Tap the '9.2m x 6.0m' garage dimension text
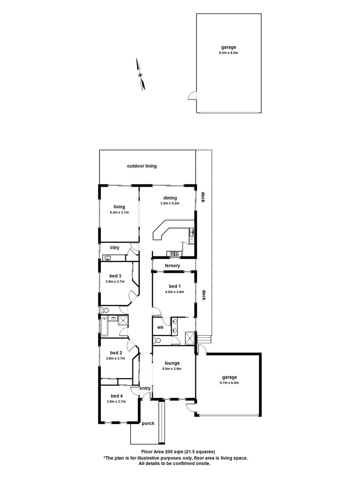coord(228,53)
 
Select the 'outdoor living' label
coord(142,166)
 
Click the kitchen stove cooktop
coord(173,254)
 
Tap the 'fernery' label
coord(172,266)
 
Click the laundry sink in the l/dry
coord(107,257)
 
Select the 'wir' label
coord(161,327)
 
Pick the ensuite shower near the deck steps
coord(190,338)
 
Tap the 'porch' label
coord(148,423)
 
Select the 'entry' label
coord(145,388)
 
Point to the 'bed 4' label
coord(116,396)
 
